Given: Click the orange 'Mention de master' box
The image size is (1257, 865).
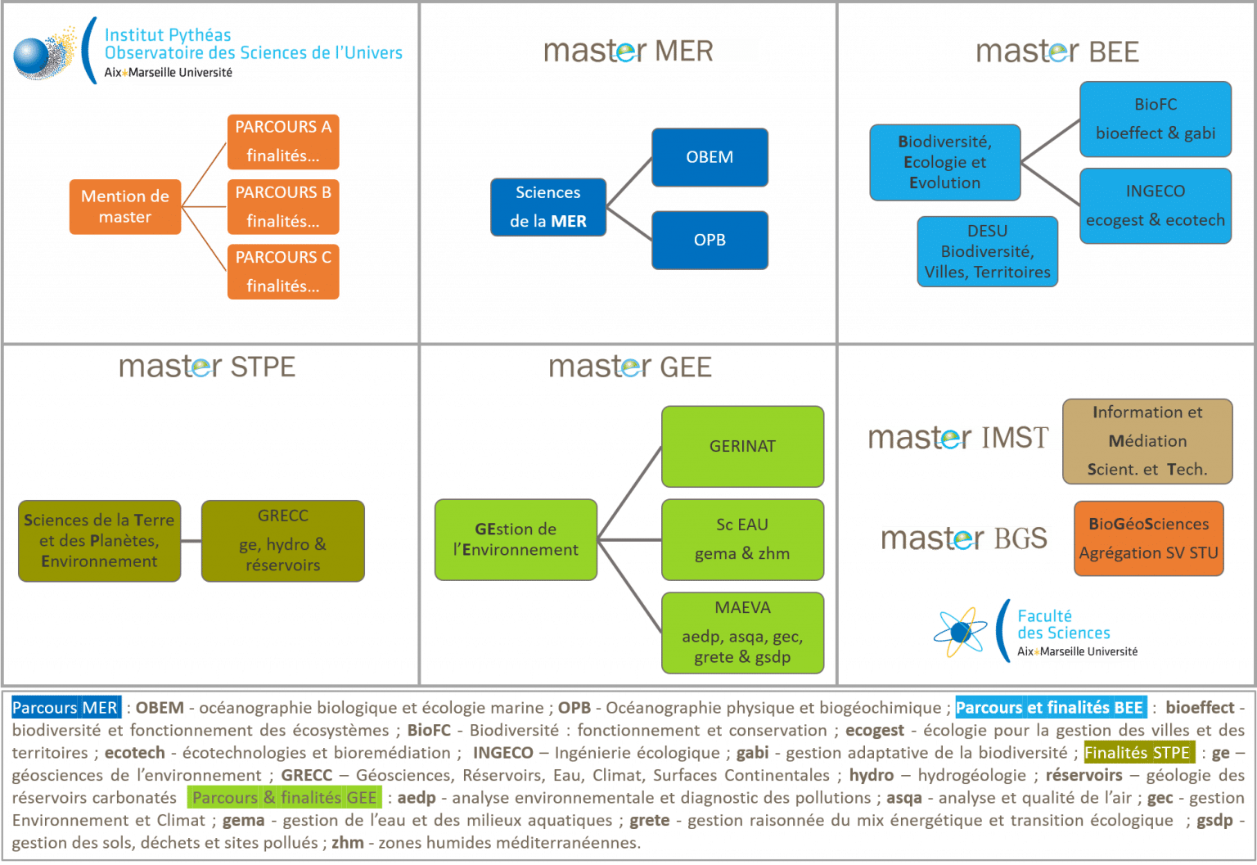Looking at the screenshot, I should pos(125,207).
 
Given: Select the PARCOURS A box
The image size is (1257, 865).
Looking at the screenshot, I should pos(283,142).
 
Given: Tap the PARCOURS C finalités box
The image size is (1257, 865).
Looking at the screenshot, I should pos(283,272).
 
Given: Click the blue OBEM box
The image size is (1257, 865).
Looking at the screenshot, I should pos(710,157).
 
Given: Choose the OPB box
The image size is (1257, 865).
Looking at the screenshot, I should pos(710,240).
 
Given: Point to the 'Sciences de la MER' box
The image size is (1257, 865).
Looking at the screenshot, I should pos(548,207).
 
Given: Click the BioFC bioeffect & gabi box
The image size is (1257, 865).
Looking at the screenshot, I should pos(1156,119).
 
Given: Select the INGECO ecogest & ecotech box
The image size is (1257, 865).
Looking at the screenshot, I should pos(1156,206).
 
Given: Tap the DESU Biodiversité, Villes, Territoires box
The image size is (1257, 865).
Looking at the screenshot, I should pos(987,252).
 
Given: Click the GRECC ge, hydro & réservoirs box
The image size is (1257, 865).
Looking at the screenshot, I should pos(283,541).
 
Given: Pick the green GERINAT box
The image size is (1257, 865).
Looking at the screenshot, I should pos(742,447).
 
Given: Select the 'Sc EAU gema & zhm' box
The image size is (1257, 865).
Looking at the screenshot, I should pos(742,539).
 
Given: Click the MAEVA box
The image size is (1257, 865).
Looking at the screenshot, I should pos(742,633).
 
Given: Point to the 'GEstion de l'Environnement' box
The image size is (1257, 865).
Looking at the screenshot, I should pos(516,540).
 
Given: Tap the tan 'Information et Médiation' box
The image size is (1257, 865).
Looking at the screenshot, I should pos(1147,441).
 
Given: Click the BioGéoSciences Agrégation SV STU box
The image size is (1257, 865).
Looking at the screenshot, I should pos(1148,538).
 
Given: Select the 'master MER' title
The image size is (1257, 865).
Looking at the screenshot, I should pos(651,51).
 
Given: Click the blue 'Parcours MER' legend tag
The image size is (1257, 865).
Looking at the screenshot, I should pos(65,708).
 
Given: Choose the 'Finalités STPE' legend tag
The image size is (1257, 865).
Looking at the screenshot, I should pos(1138,752).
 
